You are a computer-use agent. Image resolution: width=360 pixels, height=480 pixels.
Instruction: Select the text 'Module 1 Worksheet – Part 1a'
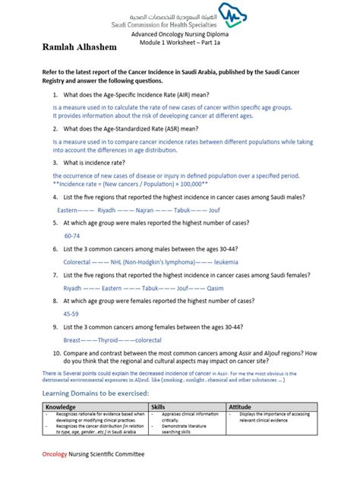point(181,45)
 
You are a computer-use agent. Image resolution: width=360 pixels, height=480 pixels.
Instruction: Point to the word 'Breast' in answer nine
point(74,339)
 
